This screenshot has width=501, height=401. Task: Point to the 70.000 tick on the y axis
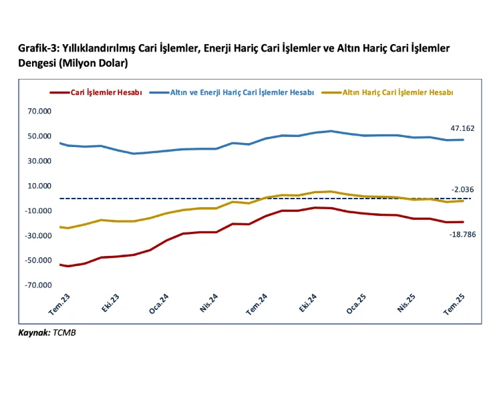39,112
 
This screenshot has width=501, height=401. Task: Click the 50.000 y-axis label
39,136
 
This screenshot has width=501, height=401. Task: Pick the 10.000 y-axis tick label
39,186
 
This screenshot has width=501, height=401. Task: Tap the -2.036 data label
462,189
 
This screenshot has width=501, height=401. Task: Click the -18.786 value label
462,235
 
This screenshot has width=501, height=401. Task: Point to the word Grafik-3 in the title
39,49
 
